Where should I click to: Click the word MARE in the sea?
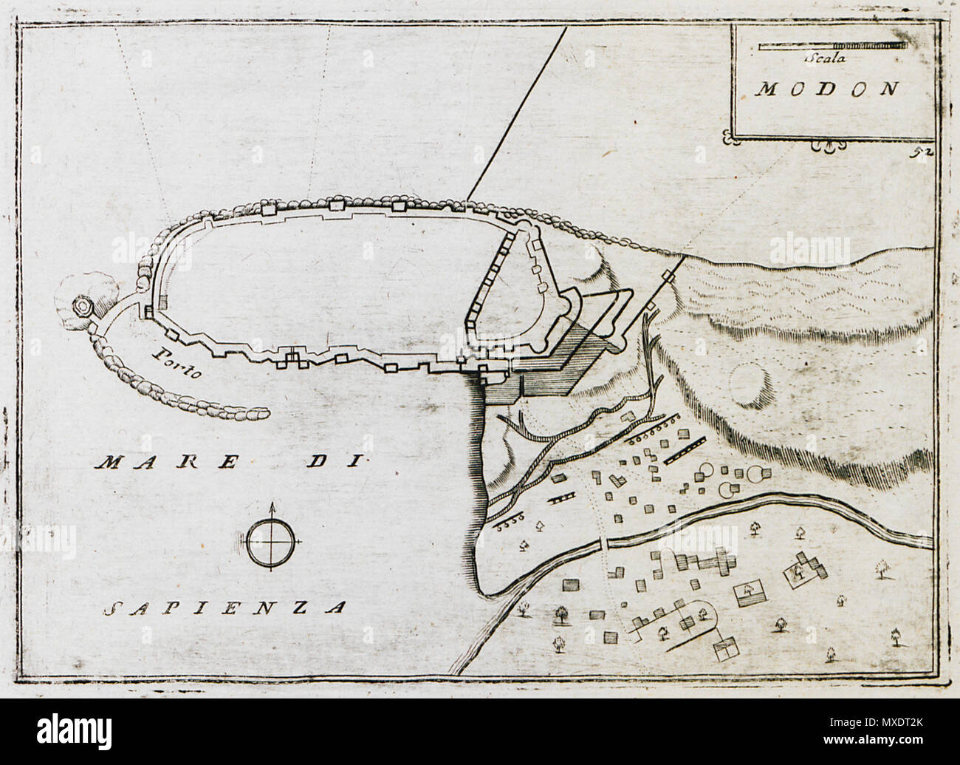pyautogui.click(x=167, y=463)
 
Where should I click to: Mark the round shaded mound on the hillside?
pyautogui.click(x=750, y=387)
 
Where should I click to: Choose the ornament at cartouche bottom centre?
pyautogui.click(x=832, y=147)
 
